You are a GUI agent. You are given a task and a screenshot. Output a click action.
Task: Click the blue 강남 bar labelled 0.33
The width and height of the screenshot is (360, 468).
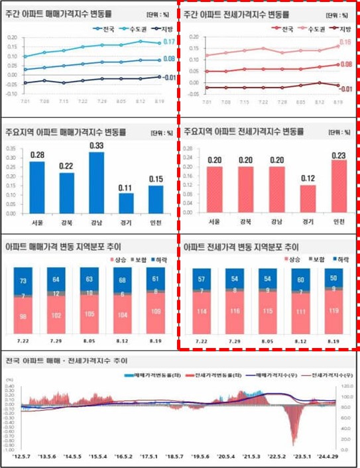(x=96, y=180)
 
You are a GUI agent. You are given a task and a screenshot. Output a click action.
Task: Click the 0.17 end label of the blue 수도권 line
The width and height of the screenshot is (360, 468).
(x=168, y=42)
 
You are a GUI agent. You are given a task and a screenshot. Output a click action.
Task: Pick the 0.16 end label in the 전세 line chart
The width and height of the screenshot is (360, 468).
(x=345, y=42)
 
